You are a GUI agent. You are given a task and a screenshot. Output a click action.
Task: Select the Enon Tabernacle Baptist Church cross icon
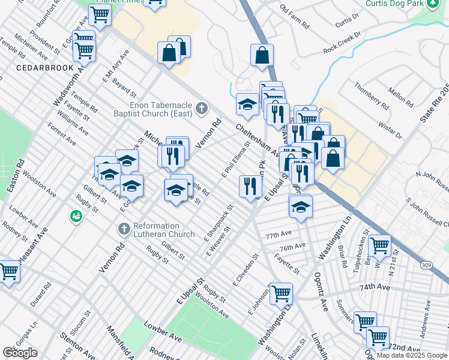[x=202, y=109]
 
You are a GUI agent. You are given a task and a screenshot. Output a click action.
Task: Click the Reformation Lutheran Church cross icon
[x=124, y=229]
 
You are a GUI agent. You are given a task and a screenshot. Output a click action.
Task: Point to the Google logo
[x=20, y=353]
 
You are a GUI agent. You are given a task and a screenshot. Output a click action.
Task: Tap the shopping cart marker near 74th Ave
[x=281, y=293]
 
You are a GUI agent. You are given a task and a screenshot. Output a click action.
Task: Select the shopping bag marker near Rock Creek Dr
[x=262, y=56]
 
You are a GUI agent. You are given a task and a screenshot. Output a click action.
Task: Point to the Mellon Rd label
[x=400, y=97]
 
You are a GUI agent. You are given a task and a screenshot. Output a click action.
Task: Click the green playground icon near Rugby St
[x=76, y=215]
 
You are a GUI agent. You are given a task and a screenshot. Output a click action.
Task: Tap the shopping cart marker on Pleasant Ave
[x=8, y=271]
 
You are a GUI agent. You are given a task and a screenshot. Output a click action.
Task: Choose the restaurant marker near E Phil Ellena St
[x=250, y=185]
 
